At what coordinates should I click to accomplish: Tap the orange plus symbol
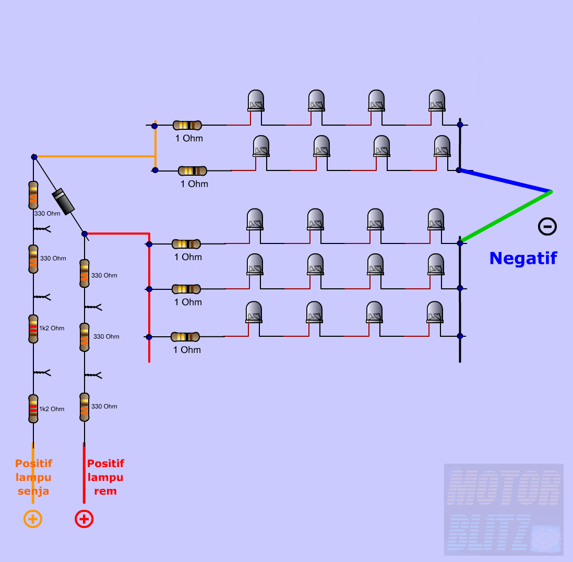tap(32, 519)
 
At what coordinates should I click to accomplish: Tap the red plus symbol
tap(84, 519)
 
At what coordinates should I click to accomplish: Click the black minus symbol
tap(547, 226)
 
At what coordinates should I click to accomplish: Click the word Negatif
tap(523, 258)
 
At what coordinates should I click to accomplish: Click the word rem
tap(105, 491)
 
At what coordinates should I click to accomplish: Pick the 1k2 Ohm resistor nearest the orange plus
tap(33, 409)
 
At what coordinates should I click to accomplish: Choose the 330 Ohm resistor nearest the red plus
tap(85, 407)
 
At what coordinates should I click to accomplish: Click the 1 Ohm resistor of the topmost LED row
tap(187, 125)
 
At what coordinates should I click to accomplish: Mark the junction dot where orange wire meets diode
tap(34, 157)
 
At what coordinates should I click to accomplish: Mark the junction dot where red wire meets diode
tap(85, 234)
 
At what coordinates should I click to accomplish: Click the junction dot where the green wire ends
tap(460, 243)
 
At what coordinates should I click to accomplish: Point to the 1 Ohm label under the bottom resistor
tap(187, 350)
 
